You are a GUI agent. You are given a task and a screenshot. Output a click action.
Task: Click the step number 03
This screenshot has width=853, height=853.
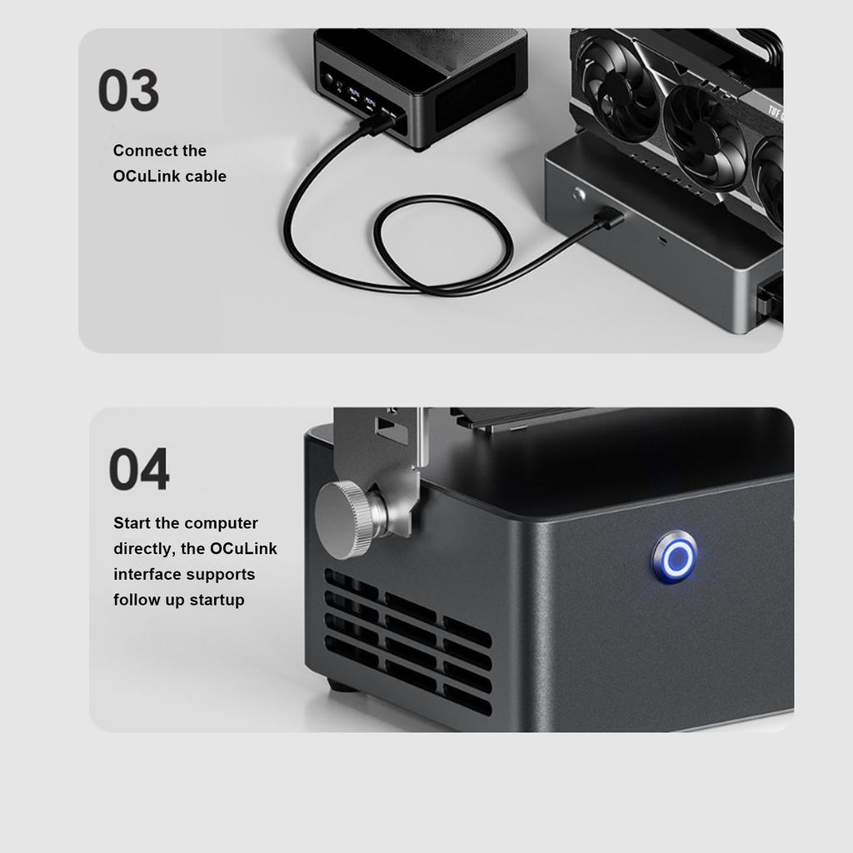tap(128, 91)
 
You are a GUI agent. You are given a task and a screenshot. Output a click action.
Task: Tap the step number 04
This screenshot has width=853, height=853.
tap(139, 470)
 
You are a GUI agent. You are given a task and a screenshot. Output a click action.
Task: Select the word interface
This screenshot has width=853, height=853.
tap(147, 575)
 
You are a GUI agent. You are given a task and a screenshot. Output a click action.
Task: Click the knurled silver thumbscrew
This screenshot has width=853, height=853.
tap(346, 519)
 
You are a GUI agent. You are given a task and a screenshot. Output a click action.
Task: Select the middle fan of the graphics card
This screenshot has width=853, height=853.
tap(705, 125)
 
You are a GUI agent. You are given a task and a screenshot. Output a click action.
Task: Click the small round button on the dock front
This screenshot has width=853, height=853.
tap(580, 195)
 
